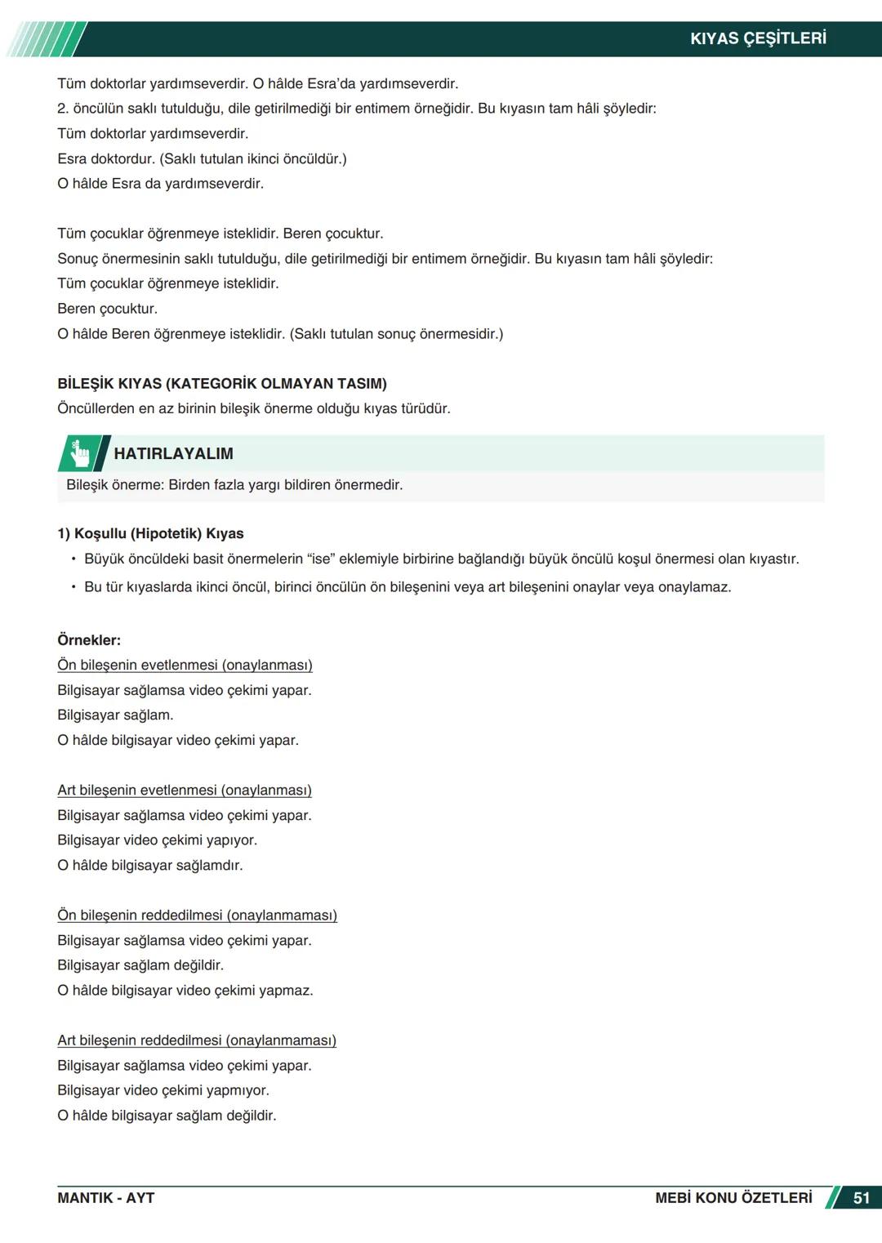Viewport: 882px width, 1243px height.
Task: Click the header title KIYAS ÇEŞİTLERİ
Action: point(758,38)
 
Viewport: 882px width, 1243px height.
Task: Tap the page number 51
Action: point(861,1198)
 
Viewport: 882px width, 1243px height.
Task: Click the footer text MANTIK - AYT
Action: point(105,1198)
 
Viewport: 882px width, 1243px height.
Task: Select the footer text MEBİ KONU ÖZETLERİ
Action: point(733,1198)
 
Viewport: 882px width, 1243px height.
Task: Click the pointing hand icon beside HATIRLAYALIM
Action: point(80,454)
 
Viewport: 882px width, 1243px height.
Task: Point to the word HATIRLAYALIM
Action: point(173,454)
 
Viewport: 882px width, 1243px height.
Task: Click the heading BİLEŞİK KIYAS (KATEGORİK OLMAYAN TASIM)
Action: point(222,383)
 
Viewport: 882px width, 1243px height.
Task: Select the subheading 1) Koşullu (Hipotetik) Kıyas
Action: point(150,533)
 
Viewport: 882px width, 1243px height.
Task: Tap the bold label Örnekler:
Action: point(89,640)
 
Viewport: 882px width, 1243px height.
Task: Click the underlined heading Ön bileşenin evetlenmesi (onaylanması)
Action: point(185,665)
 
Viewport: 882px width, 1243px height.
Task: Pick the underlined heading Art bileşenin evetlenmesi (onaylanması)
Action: point(185,790)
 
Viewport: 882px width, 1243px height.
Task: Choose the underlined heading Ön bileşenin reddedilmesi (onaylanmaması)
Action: point(197,915)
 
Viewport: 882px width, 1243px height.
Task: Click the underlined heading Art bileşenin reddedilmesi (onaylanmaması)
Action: point(197,1040)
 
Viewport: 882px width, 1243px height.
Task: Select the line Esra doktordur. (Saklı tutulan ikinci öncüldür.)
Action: point(202,158)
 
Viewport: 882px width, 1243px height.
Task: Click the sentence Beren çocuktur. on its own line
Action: point(107,309)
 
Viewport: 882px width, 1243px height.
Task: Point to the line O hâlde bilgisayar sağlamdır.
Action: point(150,865)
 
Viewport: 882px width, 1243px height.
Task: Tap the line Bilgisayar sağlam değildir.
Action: point(140,965)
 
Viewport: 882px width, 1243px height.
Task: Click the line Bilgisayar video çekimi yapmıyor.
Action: point(163,1090)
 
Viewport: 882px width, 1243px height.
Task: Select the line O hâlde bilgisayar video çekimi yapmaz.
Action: point(185,991)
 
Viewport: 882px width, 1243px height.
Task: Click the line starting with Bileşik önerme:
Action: point(234,485)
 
